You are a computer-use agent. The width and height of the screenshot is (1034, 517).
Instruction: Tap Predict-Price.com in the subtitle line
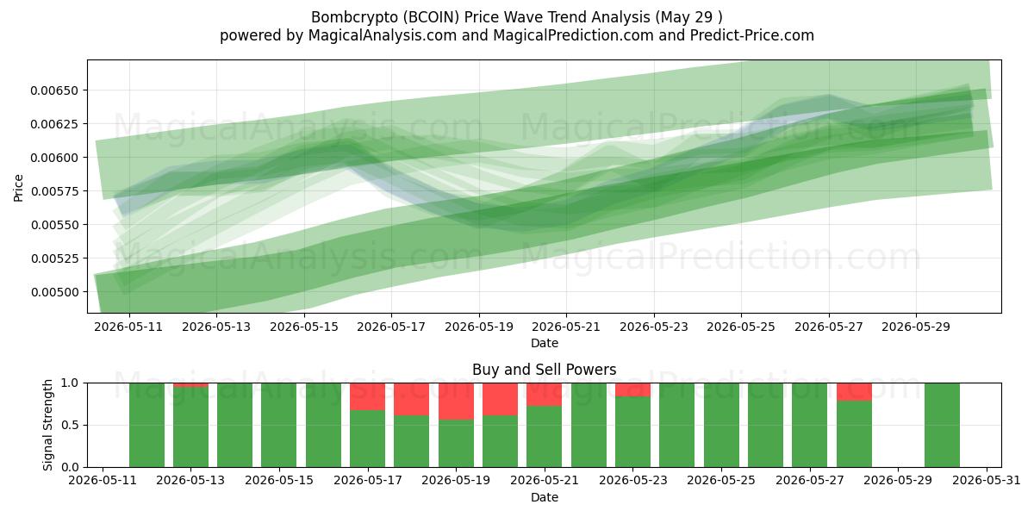(752, 35)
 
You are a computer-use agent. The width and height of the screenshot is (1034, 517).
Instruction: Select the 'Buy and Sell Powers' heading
(545, 370)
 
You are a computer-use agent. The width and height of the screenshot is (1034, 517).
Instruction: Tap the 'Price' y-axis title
(18, 188)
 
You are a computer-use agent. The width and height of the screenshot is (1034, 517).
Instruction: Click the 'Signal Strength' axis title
(47, 425)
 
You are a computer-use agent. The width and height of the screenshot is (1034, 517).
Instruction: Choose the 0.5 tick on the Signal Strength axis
(71, 425)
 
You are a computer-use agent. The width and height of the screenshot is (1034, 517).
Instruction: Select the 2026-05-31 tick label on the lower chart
(987, 481)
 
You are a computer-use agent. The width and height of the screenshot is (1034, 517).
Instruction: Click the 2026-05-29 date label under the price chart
(916, 327)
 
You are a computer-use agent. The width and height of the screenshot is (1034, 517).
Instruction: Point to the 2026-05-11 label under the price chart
(128, 327)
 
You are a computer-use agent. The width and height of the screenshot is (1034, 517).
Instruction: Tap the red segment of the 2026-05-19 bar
(456, 402)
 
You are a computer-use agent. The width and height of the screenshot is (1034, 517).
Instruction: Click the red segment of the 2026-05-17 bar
(367, 396)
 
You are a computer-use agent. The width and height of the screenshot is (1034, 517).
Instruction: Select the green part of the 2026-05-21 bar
(545, 437)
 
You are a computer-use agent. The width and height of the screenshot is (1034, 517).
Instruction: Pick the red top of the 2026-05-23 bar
(632, 389)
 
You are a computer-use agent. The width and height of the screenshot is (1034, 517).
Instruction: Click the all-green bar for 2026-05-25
(721, 425)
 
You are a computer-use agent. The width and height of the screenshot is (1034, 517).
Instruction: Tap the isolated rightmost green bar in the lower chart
(942, 425)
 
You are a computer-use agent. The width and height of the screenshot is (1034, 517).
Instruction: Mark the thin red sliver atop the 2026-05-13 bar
(190, 385)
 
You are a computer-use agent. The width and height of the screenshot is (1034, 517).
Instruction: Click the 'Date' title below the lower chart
(545, 497)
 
